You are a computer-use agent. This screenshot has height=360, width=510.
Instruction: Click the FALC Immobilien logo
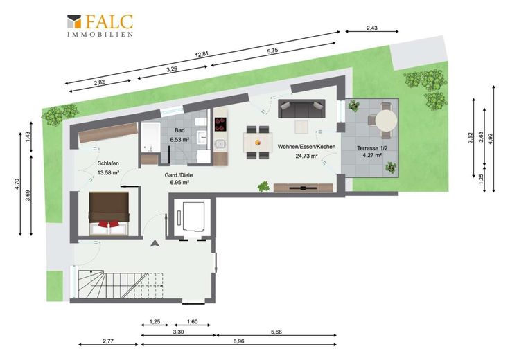[100, 26]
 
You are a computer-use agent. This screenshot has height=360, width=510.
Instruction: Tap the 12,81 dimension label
[202, 54]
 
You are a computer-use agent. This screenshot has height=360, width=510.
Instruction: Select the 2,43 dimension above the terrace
[372, 28]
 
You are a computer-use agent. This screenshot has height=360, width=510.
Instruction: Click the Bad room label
[179, 130]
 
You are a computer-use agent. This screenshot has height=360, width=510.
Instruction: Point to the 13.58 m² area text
[108, 173]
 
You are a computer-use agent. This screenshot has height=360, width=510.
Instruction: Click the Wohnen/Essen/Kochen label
[306, 147]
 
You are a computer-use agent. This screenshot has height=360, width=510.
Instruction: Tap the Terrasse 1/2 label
[372, 148]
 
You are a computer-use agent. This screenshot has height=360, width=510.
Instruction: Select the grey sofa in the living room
[301, 109]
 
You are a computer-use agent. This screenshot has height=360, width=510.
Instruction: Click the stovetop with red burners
[220, 124]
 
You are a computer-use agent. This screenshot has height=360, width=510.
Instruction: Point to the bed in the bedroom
[109, 213]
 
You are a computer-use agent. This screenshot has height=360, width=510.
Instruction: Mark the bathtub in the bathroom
[150, 137]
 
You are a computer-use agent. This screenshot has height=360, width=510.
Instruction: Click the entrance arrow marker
[155, 244]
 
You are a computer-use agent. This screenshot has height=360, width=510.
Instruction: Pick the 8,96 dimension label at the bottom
[239, 341]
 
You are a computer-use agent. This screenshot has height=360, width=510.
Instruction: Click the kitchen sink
[220, 143]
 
